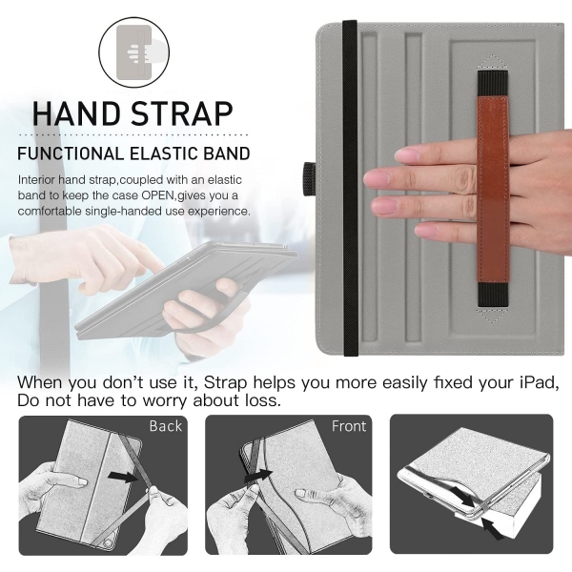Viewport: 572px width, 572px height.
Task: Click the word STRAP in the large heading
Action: click(x=182, y=113)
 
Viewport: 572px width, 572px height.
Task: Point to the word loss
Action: click(x=263, y=400)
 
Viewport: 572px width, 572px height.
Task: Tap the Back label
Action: click(x=165, y=426)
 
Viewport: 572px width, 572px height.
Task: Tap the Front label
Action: click(x=349, y=426)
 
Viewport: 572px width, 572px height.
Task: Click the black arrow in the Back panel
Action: click(x=123, y=476)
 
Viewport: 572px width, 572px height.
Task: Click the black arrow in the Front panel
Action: click(x=258, y=476)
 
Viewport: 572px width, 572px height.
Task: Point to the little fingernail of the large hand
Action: click(x=427, y=231)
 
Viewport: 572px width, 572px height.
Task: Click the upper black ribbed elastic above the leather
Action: click(x=493, y=84)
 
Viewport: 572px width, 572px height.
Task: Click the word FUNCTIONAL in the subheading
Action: click(x=71, y=153)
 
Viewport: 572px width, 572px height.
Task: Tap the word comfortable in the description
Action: click(x=50, y=212)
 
